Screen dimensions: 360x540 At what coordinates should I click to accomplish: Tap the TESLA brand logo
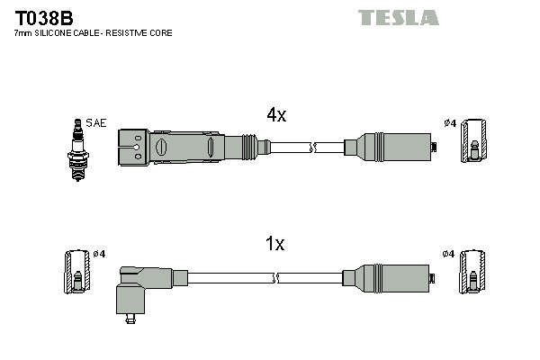pyautogui.click(x=398, y=17)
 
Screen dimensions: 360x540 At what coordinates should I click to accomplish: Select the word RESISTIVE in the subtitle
pyautogui.click(x=134, y=33)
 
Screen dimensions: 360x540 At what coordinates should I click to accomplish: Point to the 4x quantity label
pyautogui.click(x=275, y=114)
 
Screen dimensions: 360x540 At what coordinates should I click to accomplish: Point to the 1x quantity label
pyautogui.click(x=275, y=244)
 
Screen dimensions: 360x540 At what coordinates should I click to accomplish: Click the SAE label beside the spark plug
pyautogui.click(x=94, y=122)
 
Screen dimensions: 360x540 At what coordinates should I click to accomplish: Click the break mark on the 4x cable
pyautogui.click(x=311, y=146)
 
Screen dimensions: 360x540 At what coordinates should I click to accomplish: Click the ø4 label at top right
pyautogui.click(x=449, y=122)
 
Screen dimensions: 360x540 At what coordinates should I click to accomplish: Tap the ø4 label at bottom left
pyautogui.click(x=99, y=254)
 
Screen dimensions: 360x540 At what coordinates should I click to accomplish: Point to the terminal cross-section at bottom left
pyautogui.click(x=76, y=273)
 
